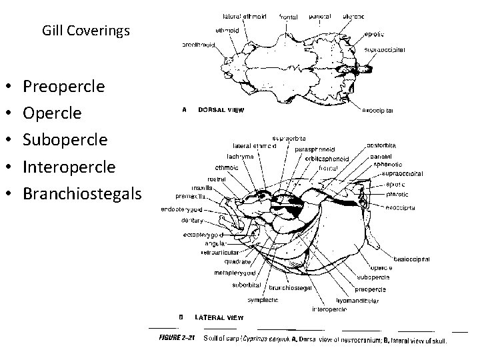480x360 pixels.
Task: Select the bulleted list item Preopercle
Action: pyautogui.click(x=63, y=87)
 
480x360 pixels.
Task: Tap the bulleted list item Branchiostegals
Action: pyautogui.click(x=82, y=193)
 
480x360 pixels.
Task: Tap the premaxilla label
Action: pyautogui.click(x=189, y=196)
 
